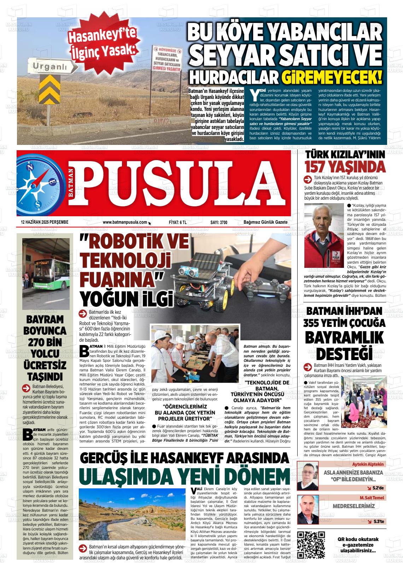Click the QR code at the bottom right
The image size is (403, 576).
point(311,544)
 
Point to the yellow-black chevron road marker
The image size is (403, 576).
point(51,88)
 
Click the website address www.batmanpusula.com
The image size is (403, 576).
point(125,222)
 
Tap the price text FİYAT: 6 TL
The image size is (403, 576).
point(178,222)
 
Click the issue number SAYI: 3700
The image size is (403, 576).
point(219,222)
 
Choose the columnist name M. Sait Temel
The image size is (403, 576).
point(372,498)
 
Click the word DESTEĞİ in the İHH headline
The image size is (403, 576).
point(344,353)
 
